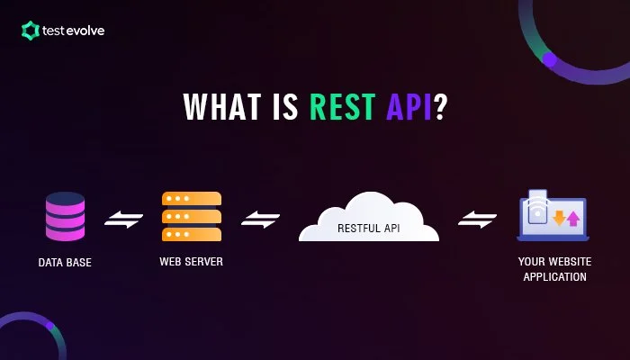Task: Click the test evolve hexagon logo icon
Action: pyautogui.click(x=30, y=31)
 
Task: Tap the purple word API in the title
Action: pyautogui.click(x=407, y=106)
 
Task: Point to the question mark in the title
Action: pyautogui.click(x=440, y=106)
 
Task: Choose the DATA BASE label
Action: pyautogui.click(x=65, y=263)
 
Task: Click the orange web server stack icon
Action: pyautogui.click(x=191, y=216)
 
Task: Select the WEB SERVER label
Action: pyautogui.click(x=191, y=262)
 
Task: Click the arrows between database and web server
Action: pyautogui.click(x=124, y=219)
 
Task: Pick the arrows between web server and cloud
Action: pyautogui.click(x=260, y=219)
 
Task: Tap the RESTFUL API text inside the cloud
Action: pyautogui.click(x=368, y=229)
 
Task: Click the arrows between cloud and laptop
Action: pyautogui.click(x=478, y=219)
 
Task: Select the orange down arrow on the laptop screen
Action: pyautogui.click(x=558, y=217)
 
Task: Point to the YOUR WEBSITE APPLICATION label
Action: pyautogui.click(x=552, y=270)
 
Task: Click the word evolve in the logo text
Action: pyautogui.click(x=85, y=31)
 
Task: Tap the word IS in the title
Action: pyautogui.click(x=280, y=106)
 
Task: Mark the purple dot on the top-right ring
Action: pyautogui.click(x=549, y=59)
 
